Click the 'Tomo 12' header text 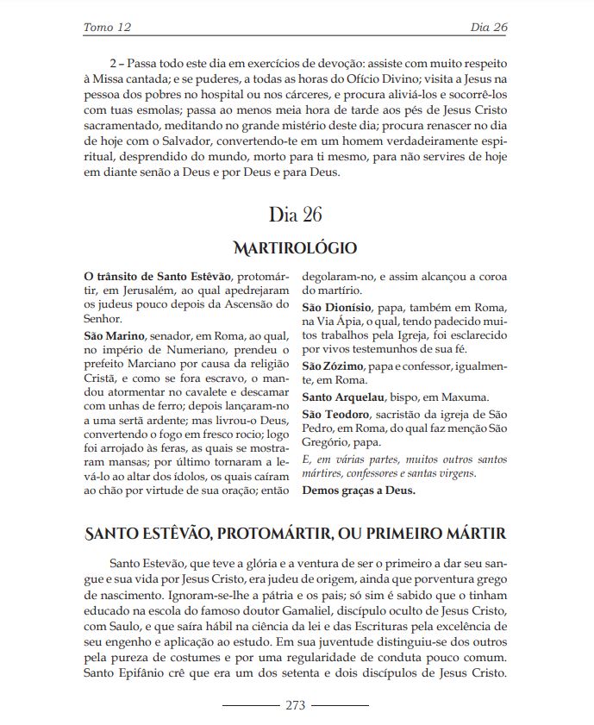click(107, 28)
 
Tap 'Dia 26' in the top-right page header click(488, 28)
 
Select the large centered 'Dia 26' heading click(297, 214)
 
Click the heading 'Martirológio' click(297, 248)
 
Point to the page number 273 click(296, 705)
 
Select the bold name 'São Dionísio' click(337, 308)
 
